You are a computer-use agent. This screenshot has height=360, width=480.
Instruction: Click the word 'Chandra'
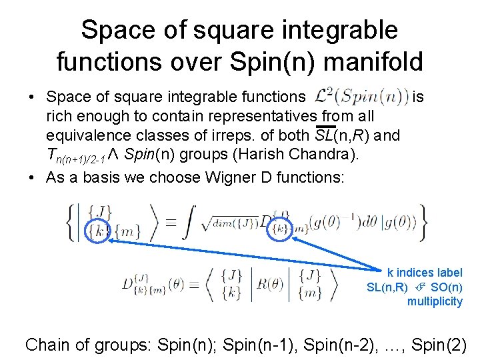(320, 155)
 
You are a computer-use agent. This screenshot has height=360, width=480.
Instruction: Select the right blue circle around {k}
(279, 230)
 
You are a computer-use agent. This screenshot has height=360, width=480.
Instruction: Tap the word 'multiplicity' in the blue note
(435, 302)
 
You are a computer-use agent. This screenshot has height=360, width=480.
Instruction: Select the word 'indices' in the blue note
(419, 273)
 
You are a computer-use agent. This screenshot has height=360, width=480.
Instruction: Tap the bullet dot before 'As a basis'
(31, 177)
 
